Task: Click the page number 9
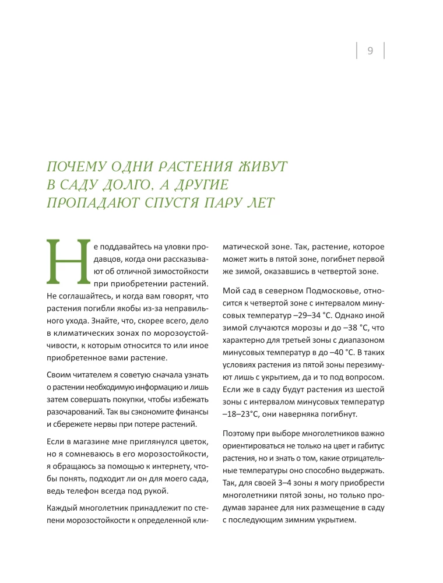pos(370,51)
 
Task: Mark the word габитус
pos(365,446)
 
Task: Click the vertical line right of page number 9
pos(385,50)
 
